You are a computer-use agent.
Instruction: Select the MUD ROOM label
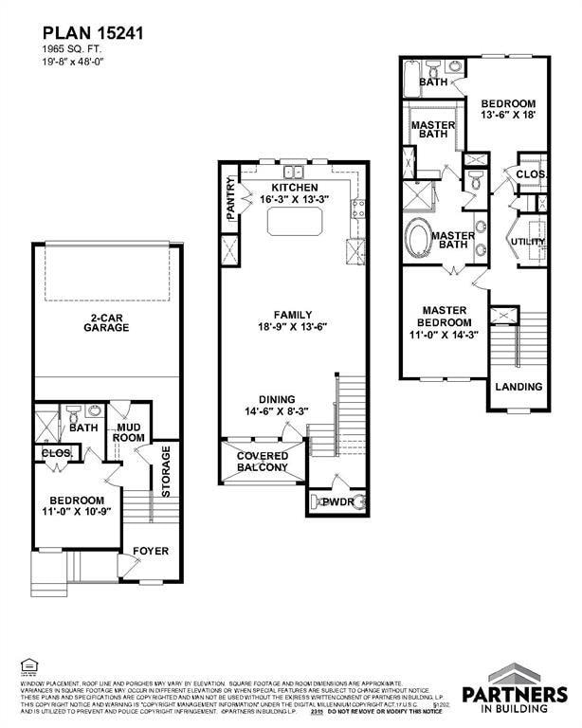click(x=129, y=432)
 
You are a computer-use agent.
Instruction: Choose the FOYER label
click(x=150, y=551)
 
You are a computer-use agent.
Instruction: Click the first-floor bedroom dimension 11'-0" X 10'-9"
click(x=78, y=512)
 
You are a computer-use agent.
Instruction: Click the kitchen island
click(x=296, y=222)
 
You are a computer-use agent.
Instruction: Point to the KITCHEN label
click(x=295, y=188)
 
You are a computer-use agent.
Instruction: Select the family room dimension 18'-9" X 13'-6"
click(x=293, y=327)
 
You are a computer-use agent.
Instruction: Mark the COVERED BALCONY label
click(x=263, y=462)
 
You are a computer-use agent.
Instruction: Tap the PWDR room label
click(x=336, y=501)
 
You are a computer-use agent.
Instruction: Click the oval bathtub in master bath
click(x=418, y=235)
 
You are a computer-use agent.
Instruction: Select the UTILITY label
click(x=528, y=242)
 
